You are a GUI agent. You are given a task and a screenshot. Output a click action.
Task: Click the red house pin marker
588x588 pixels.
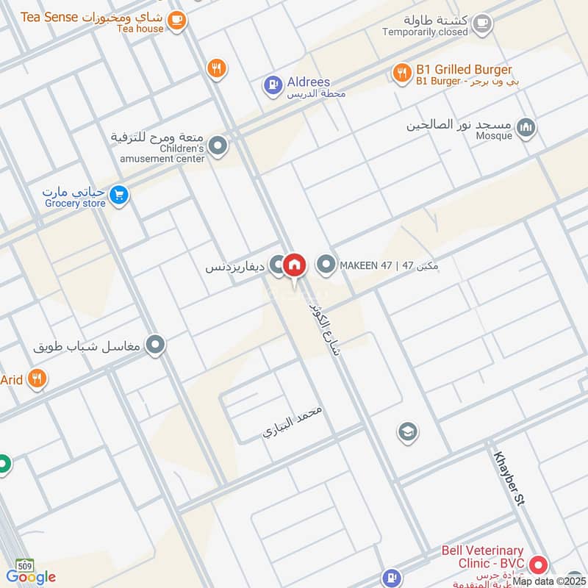295,265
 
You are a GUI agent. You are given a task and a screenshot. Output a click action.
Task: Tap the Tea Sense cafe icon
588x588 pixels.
176,21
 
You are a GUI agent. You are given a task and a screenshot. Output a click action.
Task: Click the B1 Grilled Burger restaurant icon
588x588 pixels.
401,72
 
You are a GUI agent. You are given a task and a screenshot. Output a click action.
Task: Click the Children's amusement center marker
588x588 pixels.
218,147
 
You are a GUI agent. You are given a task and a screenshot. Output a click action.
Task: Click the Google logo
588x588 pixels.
31,577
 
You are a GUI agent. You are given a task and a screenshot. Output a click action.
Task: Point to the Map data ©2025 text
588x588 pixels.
549,581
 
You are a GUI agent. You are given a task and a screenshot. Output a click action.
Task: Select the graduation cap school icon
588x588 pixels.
407,432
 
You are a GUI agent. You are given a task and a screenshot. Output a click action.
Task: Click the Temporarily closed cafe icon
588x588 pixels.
481,24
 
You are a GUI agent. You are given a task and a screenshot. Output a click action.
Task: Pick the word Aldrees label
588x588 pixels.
308,82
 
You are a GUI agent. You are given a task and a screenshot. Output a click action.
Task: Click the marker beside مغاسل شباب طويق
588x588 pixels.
155,345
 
